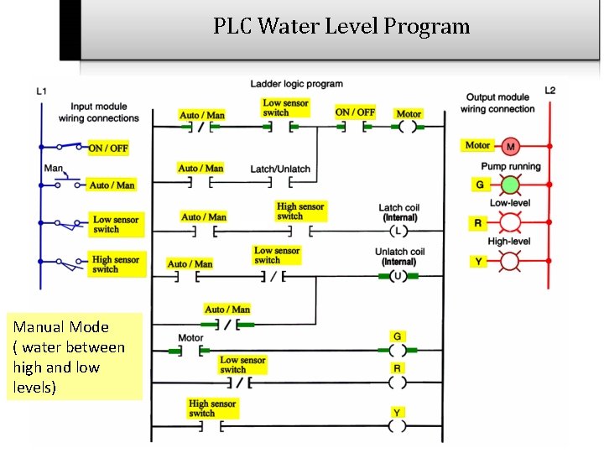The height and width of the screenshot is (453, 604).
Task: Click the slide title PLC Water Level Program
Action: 341,26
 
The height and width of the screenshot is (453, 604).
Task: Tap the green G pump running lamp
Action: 510,185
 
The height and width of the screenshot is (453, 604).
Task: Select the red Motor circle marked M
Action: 510,147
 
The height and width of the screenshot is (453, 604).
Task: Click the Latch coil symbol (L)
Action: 398,231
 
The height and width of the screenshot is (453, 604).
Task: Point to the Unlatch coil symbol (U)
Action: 398,274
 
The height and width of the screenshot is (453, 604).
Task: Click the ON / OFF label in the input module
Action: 108,148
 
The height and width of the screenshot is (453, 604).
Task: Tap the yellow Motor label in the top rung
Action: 409,113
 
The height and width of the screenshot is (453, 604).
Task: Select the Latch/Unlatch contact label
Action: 280,169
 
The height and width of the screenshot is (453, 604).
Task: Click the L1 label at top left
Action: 42,91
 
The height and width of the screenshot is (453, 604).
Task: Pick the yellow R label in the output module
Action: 478,223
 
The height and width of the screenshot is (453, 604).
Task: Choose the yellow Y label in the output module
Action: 478,262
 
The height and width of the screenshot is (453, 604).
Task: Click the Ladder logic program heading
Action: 296,84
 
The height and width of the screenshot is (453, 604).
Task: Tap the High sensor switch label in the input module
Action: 116,264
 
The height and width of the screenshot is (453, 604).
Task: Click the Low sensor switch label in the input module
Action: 116,224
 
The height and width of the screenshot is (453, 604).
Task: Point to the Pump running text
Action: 510,166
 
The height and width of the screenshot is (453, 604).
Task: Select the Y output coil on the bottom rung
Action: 398,426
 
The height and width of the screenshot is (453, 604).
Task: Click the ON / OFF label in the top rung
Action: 355,112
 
